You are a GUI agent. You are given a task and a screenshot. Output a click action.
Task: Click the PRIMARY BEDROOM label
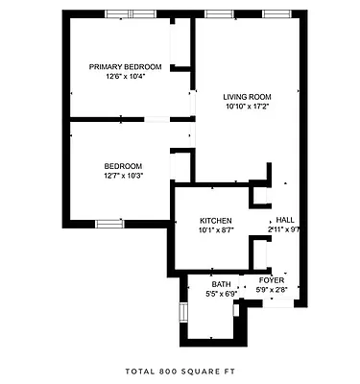click(125, 66)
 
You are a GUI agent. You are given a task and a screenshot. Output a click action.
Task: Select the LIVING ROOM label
click(248, 97)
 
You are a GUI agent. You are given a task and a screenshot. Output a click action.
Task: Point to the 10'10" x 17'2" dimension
click(248, 107)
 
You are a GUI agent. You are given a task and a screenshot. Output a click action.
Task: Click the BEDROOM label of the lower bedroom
click(123, 165)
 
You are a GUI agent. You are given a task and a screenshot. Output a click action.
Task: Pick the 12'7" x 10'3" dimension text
click(123, 175)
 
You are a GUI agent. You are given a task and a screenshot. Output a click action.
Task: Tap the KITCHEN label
click(217, 220)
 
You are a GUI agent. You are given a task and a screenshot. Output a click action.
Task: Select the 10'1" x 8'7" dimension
click(217, 229)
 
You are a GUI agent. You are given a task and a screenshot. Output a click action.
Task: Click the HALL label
click(286, 220)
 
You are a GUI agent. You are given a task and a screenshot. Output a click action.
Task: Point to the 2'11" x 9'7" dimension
click(285, 229)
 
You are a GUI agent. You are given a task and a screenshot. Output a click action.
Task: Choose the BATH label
click(222, 284)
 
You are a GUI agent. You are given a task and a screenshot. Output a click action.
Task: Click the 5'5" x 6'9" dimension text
click(222, 294)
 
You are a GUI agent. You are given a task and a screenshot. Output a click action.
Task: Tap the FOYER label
click(272, 279)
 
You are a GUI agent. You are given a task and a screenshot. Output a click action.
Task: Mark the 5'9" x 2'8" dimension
click(272, 289)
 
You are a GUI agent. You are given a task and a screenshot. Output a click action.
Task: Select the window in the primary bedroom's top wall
click(131, 12)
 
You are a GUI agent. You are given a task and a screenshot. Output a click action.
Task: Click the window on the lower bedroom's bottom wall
click(109, 223)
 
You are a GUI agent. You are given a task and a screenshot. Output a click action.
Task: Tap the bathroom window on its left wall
click(182, 315)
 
